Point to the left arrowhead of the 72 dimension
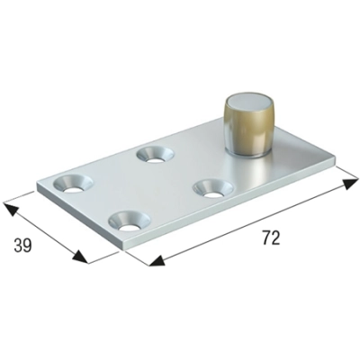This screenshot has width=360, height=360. pyautogui.click(x=155, y=262)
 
